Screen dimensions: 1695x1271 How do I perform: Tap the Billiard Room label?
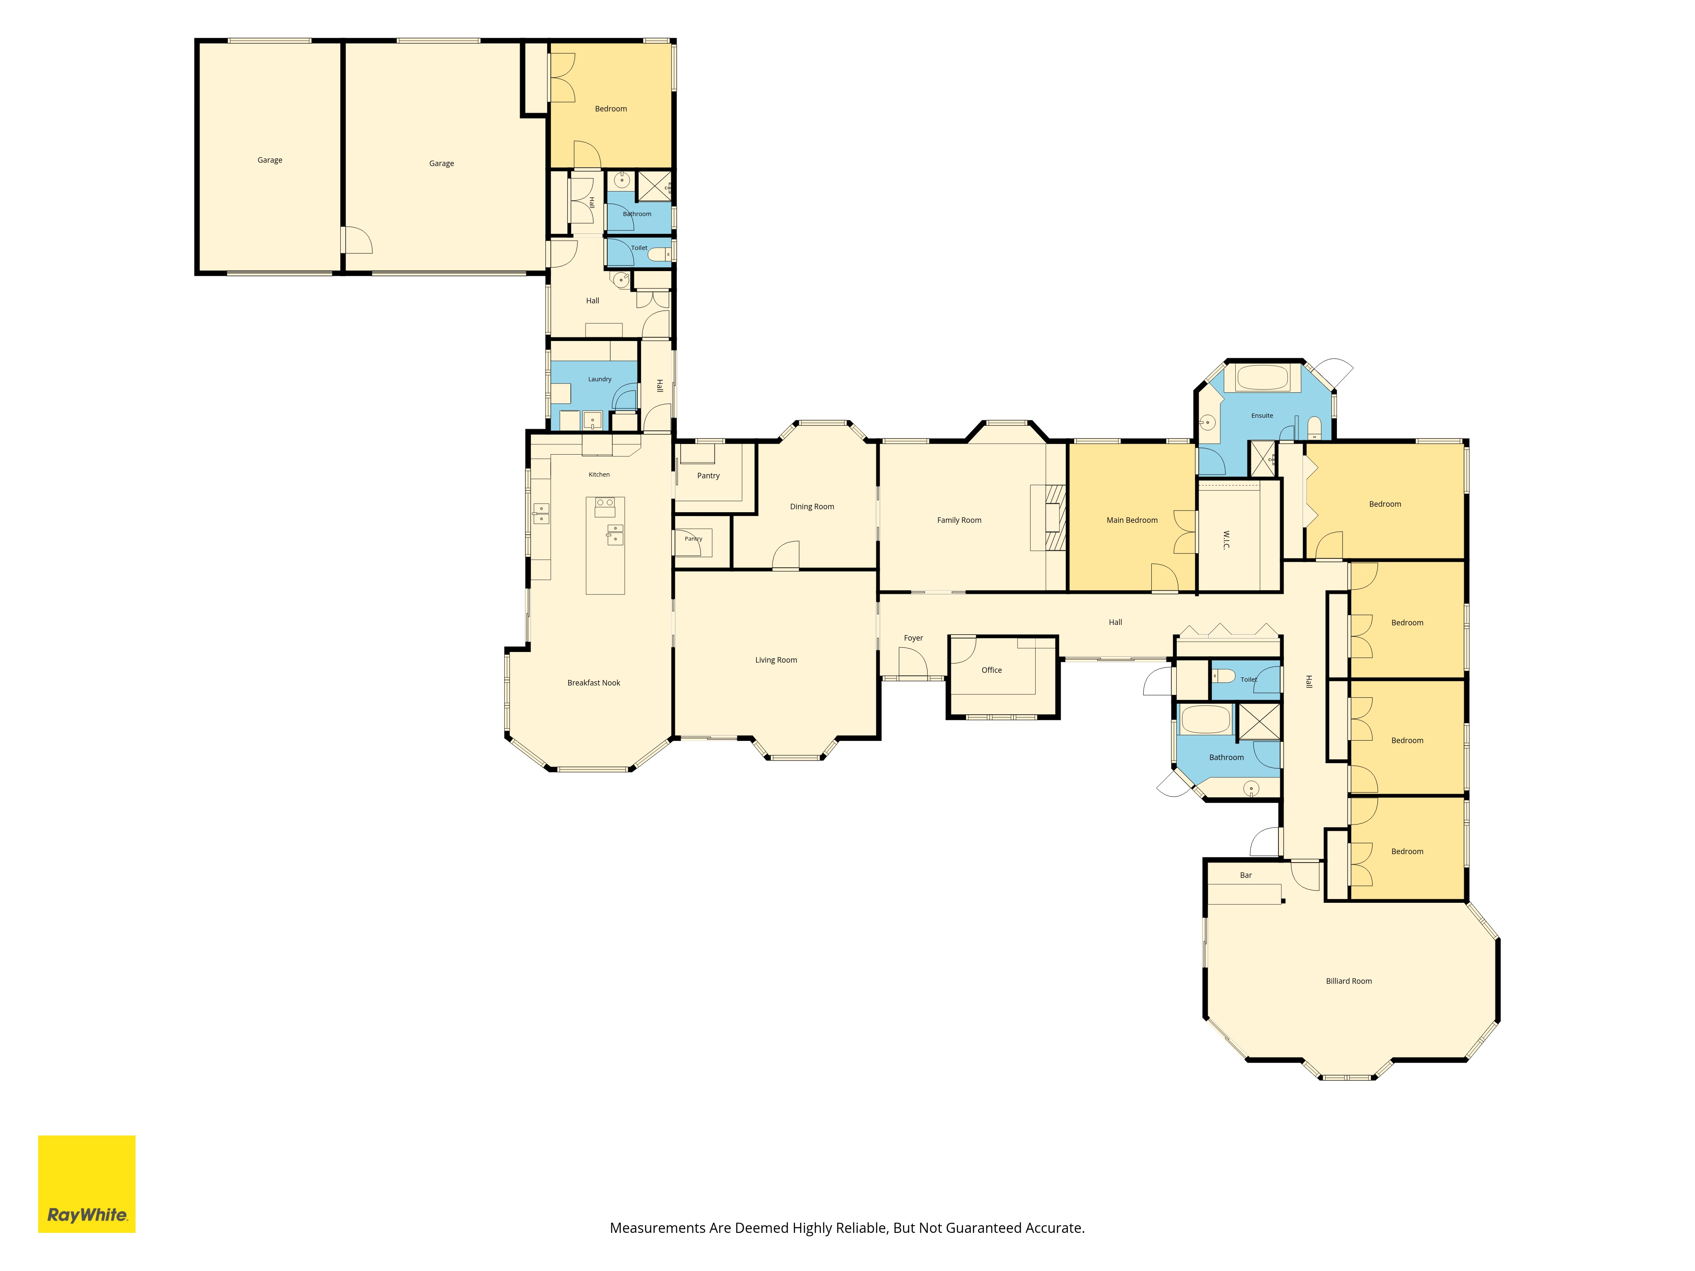click(1349, 981)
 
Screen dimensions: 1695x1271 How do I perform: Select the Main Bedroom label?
click(1132, 520)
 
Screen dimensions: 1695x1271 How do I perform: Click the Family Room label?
click(959, 520)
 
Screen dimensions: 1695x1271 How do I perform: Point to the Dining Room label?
click(811, 506)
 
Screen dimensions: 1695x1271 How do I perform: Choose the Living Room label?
click(775, 660)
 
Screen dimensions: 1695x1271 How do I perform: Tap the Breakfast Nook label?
click(593, 683)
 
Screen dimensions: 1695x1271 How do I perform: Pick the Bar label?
click(1245, 875)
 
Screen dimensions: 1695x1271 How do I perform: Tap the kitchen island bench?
click(605, 546)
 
